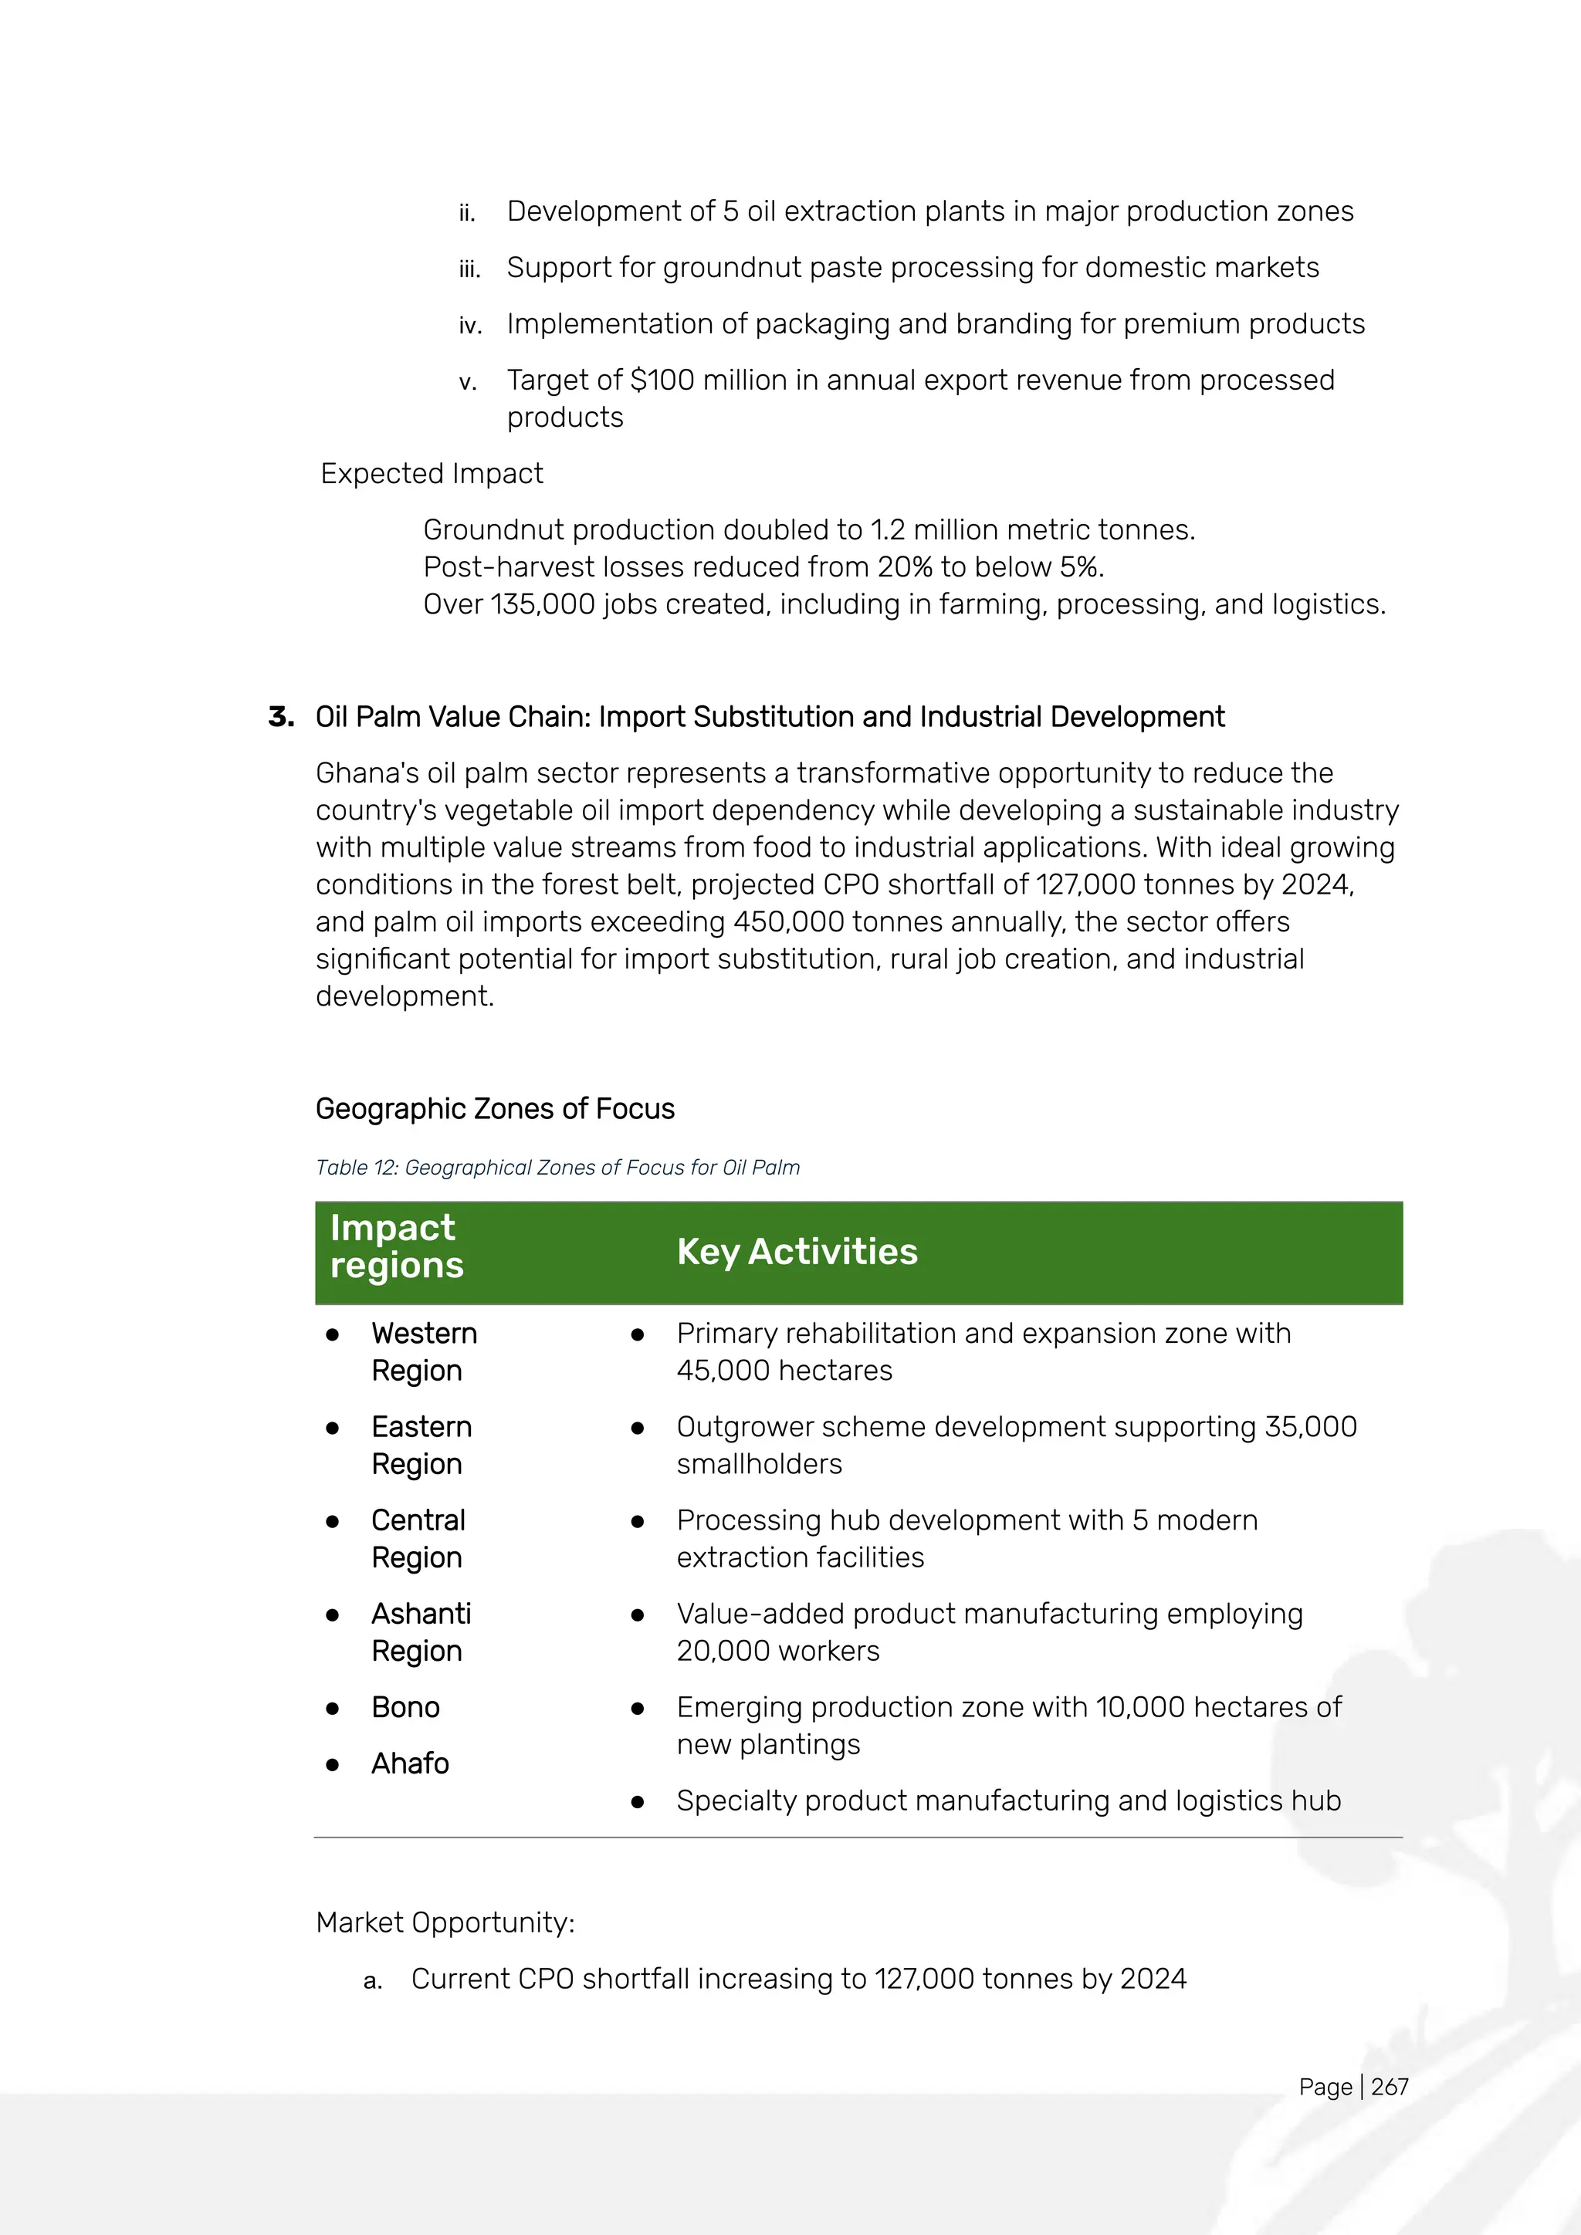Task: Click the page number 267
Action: tap(1390, 2086)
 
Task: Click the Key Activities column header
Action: tap(797, 1252)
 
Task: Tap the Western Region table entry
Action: tap(424, 1351)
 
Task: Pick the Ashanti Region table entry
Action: tap(421, 1631)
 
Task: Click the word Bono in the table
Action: tap(405, 1706)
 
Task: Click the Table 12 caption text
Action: tap(557, 1167)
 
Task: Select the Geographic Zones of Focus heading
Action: tap(495, 1109)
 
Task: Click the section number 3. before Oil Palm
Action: tap(281, 718)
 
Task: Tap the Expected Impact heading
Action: tap(432, 473)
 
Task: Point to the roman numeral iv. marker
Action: tap(470, 325)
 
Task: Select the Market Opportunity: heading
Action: tap(445, 1922)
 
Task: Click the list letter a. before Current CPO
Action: tap(372, 1980)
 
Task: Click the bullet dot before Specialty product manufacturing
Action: tap(638, 1802)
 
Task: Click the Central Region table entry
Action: tap(418, 1538)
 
